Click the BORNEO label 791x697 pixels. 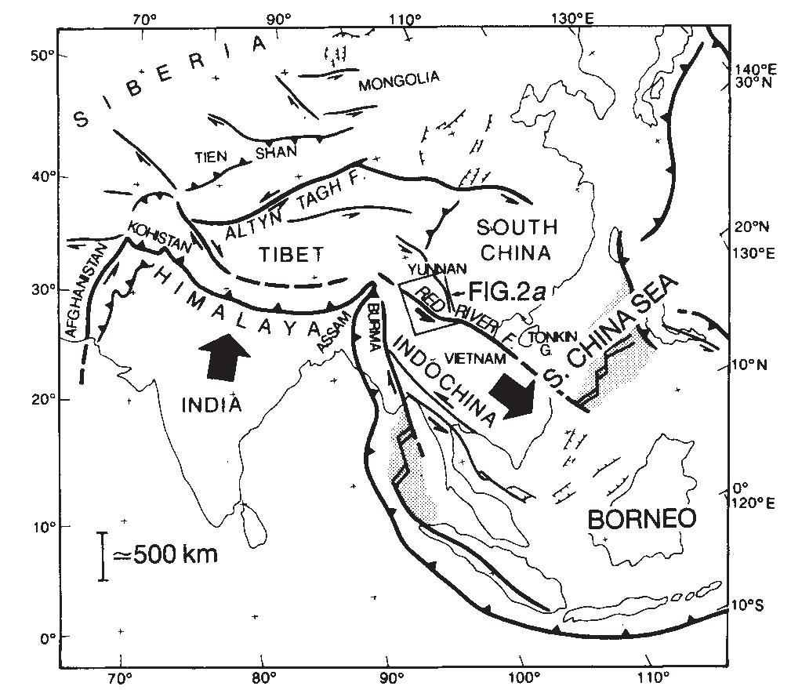tap(641, 518)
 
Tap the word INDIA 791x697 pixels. tap(210, 405)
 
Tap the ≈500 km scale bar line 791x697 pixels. tap(103, 556)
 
